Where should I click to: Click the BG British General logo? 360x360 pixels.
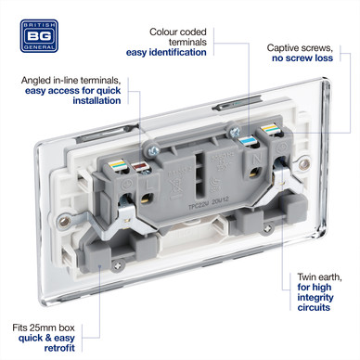pyautogui.click(x=39, y=36)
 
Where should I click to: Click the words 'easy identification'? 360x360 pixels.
pyautogui.click(x=166, y=52)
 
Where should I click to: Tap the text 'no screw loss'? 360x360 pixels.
pyautogui.click(x=302, y=58)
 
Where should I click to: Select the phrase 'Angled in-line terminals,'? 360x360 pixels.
pyautogui.click(x=71, y=81)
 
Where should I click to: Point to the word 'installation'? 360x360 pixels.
pyautogui.click(x=96, y=100)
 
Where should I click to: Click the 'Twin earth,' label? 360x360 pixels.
pyautogui.click(x=319, y=277)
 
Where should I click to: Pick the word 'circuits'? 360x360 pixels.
pyautogui.click(x=314, y=307)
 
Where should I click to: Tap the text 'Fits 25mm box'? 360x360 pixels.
pyautogui.click(x=44, y=328)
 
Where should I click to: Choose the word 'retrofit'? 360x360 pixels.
pyautogui.click(x=59, y=348)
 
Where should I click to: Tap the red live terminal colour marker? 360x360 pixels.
pyautogui.click(x=141, y=167)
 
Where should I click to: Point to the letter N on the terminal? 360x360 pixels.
pyautogui.click(x=256, y=160)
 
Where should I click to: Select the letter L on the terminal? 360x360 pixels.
pyautogui.click(x=149, y=186)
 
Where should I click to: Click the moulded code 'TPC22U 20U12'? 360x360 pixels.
pyautogui.click(x=208, y=203)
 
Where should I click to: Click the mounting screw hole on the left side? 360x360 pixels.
pyautogui.click(x=64, y=221)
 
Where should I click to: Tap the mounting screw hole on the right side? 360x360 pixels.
pyautogui.click(x=304, y=164)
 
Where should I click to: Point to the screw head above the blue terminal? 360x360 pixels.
pyautogui.click(x=234, y=132)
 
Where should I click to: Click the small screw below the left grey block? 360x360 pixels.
pyautogui.click(x=118, y=265)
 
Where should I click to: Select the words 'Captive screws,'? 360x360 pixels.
pyautogui.click(x=300, y=48)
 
